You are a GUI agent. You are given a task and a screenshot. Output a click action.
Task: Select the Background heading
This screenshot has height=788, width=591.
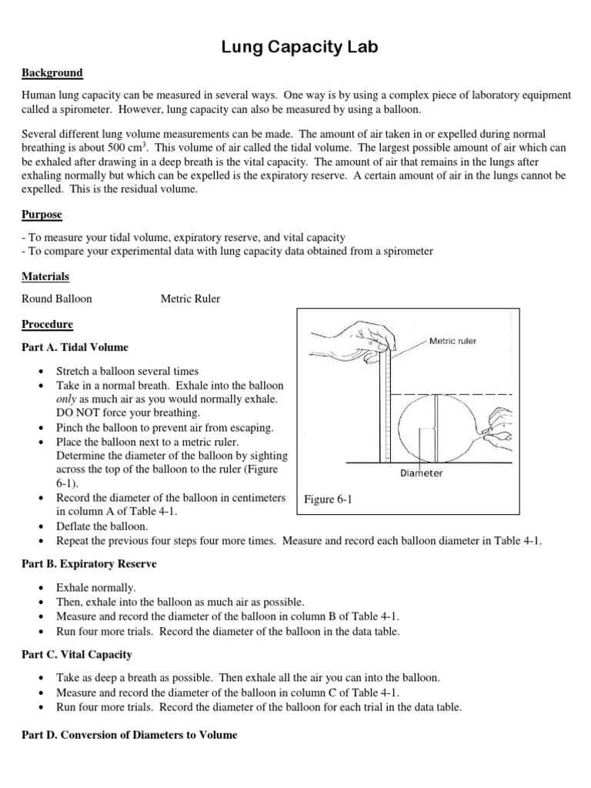pyautogui.click(x=52, y=73)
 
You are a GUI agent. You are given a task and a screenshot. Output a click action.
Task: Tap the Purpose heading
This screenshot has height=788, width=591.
pyautogui.click(x=42, y=214)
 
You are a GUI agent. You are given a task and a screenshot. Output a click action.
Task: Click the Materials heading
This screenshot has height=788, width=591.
pyautogui.click(x=45, y=275)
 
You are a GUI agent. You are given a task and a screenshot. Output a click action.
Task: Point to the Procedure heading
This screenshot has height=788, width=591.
pyautogui.click(x=48, y=324)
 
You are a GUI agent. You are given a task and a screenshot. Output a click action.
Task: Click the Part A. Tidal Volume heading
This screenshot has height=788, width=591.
pyautogui.click(x=75, y=347)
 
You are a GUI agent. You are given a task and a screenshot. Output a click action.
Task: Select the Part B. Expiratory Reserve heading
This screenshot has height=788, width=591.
pyautogui.click(x=88, y=564)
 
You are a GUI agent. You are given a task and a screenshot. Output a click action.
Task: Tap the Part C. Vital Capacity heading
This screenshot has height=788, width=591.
pyautogui.click(x=77, y=654)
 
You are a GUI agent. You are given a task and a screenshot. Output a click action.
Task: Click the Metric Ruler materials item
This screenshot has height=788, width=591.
pyautogui.click(x=190, y=299)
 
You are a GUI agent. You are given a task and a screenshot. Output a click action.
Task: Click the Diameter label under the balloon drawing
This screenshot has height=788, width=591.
pyautogui.click(x=421, y=472)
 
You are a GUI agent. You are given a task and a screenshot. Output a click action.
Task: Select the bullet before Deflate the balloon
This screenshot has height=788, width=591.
pyautogui.click(x=40, y=526)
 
